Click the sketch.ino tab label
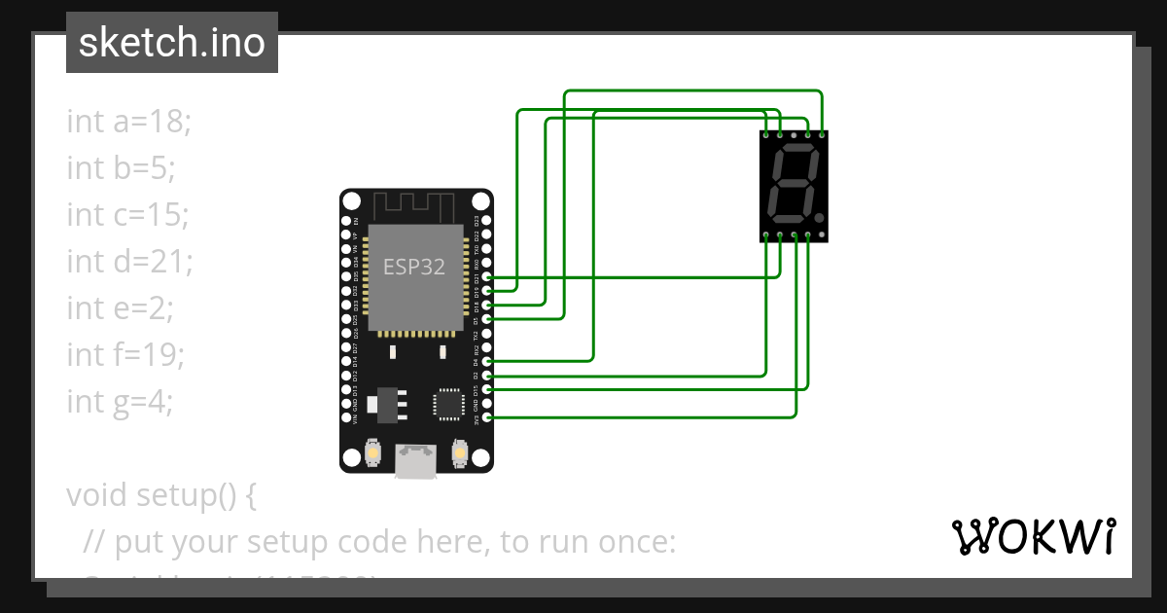pyautogui.click(x=172, y=44)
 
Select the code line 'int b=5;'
pyautogui.click(x=121, y=168)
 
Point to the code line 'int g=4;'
pyautogui.click(x=120, y=401)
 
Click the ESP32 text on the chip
pyautogui.click(x=414, y=267)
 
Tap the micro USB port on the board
pyautogui.click(x=415, y=460)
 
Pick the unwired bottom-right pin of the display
pyautogui.click(x=824, y=235)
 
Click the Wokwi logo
pyautogui.click(x=1033, y=536)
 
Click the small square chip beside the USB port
pyautogui.click(x=449, y=403)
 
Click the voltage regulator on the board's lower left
pyautogui.click(x=386, y=404)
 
